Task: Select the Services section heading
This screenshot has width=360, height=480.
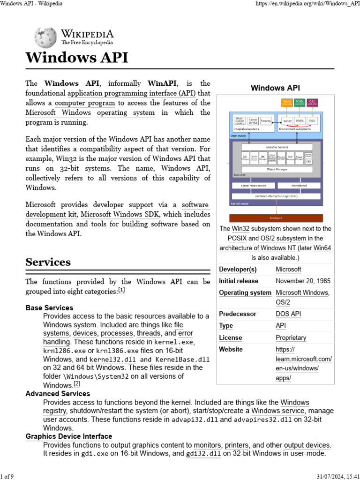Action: pyautogui.click(x=48, y=262)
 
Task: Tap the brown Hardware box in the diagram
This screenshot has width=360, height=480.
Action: pyautogui.click(x=276, y=218)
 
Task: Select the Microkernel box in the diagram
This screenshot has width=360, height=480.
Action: pyautogui.click(x=298, y=186)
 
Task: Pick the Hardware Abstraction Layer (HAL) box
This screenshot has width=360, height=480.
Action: pyautogui.click(x=276, y=196)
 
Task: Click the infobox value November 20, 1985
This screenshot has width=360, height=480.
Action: pyautogui.click(x=303, y=281)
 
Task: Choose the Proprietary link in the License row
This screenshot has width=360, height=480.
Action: pyautogui.click(x=291, y=337)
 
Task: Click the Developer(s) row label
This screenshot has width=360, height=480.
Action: pyautogui.click(x=238, y=270)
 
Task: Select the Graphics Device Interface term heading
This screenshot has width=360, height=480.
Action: pyautogui.click(x=68, y=436)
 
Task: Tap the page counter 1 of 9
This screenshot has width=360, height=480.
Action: pyautogui.click(x=7, y=477)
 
